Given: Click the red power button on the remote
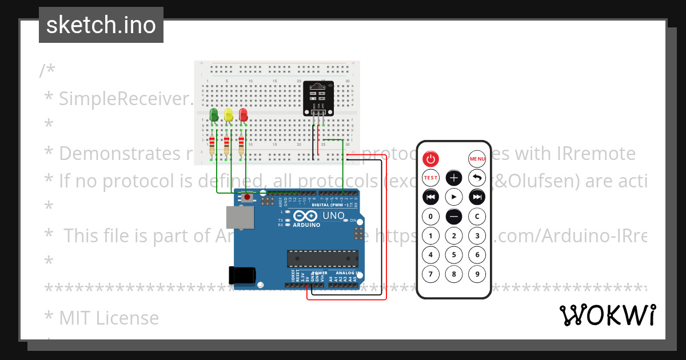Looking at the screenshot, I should tap(430, 158).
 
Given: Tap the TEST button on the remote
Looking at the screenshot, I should tap(430, 178).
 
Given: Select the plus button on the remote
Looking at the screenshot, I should tap(454, 178).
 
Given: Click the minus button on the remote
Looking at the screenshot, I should tap(454, 217).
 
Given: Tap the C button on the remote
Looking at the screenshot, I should tap(477, 217).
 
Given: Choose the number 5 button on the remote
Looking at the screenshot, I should tap(454, 255).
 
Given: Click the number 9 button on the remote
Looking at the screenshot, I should tap(477, 274).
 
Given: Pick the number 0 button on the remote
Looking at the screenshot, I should tap(430, 217).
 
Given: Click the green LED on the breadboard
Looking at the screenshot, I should tap(214, 114).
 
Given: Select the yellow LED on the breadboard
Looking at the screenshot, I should tap(229, 114).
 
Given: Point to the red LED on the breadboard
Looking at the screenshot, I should tap(243, 114).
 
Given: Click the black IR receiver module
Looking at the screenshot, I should tap(318, 97).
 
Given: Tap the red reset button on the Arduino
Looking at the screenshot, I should tap(247, 197).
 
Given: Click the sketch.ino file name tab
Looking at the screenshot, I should tap(101, 25).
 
